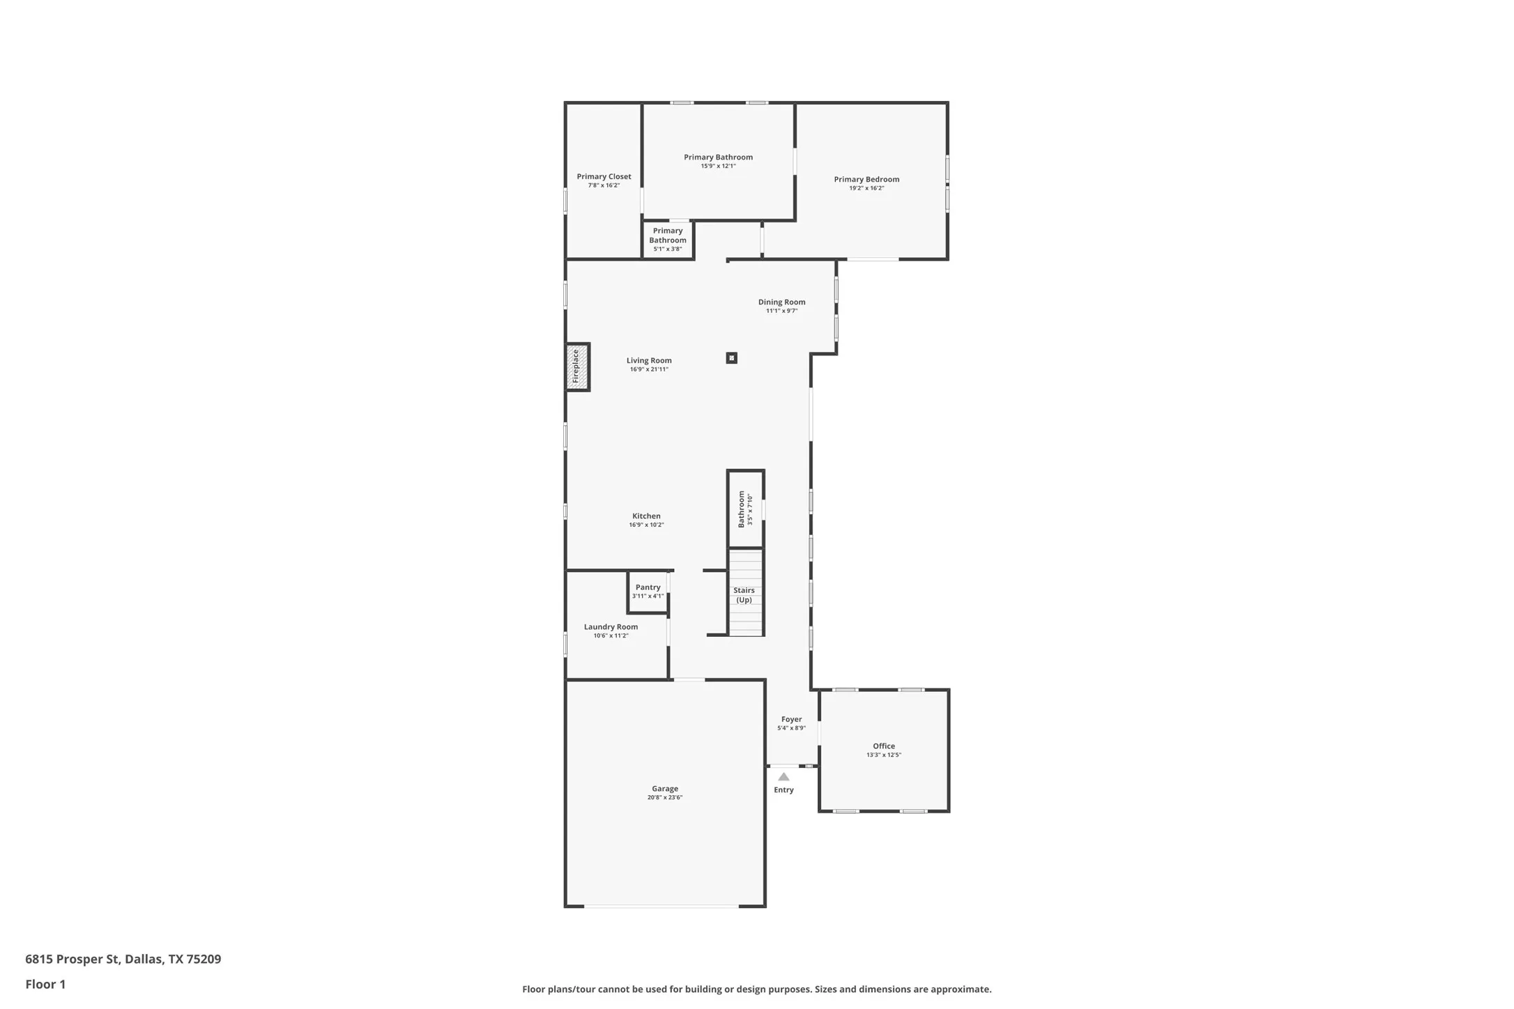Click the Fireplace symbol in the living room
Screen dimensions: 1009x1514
pos(577,367)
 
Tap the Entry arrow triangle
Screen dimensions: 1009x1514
pos(783,777)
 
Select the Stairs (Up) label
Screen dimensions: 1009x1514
pos(744,595)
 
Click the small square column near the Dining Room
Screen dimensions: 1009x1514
pos(731,358)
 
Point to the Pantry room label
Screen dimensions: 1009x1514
pos(648,587)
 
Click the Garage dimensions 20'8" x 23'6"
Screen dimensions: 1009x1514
pos(664,798)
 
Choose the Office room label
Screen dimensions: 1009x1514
pos(883,746)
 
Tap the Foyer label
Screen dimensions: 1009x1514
pos(791,719)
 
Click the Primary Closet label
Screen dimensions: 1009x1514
pos(604,176)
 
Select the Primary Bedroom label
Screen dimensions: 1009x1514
pos(866,179)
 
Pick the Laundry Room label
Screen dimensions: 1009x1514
pos(611,627)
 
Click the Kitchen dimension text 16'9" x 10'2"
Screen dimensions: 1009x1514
pos(646,525)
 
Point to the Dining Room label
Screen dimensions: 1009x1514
pos(781,302)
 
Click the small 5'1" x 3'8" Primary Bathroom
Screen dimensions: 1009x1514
pos(668,239)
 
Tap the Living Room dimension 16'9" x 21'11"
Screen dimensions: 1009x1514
pos(649,369)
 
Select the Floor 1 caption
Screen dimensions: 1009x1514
pos(45,984)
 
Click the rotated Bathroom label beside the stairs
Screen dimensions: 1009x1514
pos(742,509)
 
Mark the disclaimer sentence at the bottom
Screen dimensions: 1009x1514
pos(756,989)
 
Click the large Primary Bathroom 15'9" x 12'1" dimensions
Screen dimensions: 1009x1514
pos(718,167)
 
